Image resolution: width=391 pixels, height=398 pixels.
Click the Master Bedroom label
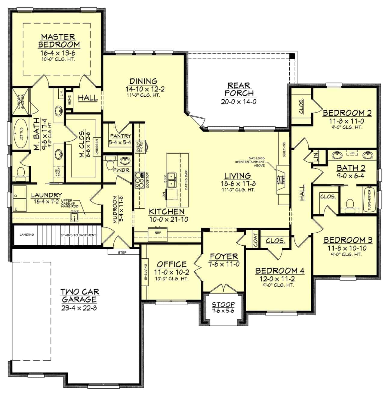pos(59,41)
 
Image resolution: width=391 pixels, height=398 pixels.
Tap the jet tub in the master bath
pos(20,133)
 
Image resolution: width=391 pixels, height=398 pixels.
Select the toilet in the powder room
pos(110,164)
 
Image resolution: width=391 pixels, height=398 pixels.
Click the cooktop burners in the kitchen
pos(139,180)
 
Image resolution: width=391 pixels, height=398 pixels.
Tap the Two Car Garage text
pos(80,295)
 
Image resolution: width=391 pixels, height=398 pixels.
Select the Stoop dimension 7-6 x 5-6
pos(223,311)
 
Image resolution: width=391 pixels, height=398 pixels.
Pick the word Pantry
pos(120,136)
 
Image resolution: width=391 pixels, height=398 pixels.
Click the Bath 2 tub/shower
pos(369,200)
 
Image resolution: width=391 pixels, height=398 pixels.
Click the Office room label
pos(171,264)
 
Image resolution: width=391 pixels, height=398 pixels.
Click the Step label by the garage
pos(122,252)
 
